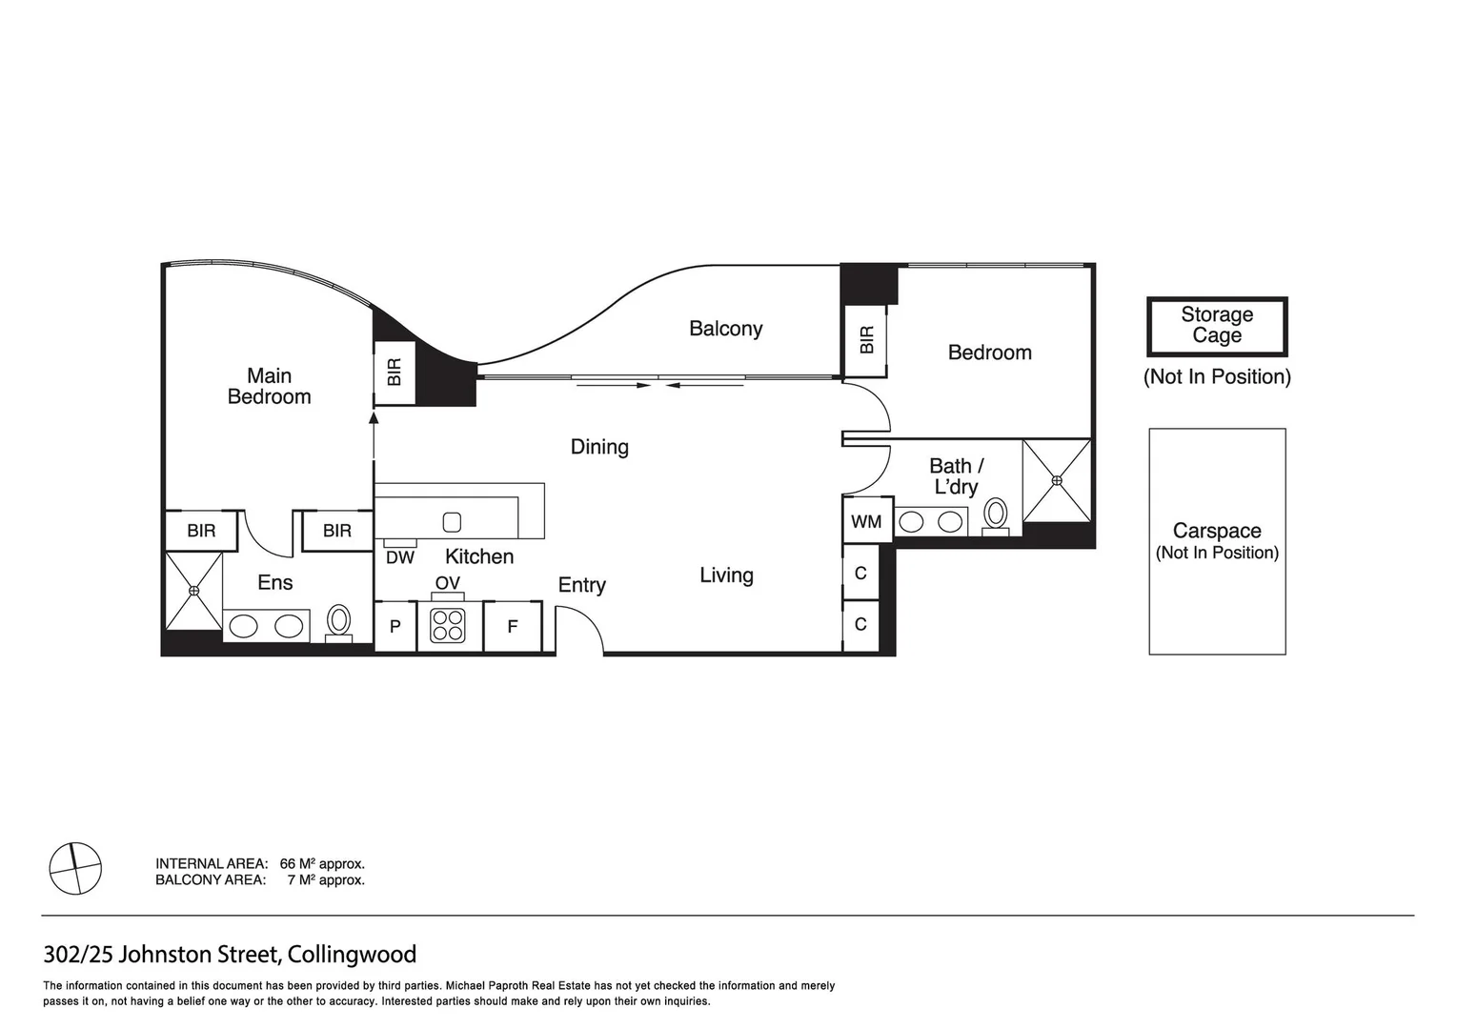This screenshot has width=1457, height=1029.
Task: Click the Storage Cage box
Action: [x=1217, y=326]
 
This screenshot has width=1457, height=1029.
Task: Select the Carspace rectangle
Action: [x=1217, y=541]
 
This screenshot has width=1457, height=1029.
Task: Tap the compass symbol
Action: [x=75, y=869]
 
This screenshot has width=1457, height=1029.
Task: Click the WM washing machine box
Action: [x=867, y=521]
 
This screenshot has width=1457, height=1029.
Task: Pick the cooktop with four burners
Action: [x=448, y=626]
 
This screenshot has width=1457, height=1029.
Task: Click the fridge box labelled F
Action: [x=513, y=627]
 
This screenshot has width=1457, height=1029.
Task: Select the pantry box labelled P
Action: [x=395, y=627]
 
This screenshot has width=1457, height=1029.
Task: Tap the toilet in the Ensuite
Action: [x=338, y=622]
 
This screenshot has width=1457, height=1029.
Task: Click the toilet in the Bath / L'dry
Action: [x=996, y=514]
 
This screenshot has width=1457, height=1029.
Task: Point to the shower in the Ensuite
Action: [x=194, y=591]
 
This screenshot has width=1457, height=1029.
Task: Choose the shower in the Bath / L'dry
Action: [x=1057, y=480]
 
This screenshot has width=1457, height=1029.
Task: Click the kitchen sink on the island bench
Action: [x=453, y=522]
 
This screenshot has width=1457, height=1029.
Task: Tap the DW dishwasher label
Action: [x=400, y=557]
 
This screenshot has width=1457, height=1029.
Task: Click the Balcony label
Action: [x=725, y=329]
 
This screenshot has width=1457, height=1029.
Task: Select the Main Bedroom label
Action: [x=269, y=386]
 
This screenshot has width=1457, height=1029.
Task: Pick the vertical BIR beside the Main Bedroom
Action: [x=395, y=373]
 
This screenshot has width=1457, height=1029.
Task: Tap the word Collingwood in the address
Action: [x=352, y=954]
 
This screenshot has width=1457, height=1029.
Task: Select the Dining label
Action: [x=599, y=447]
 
